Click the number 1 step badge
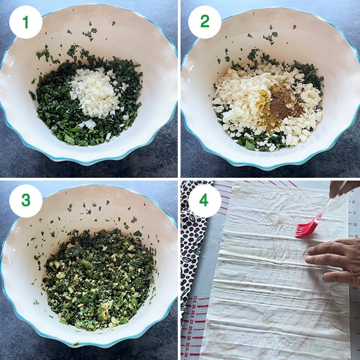pyautogui.click(x=25, y=22)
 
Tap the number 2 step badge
pyautogui.click(x=205, y=22)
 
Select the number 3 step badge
pyautogui.click(x=25, y=201)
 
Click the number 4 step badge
pyautogui.click(x=205, y=201)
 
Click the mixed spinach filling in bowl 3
pyautogui.click(x=98, y=278)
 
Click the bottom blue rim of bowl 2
pyautogui.click(x=270, y=164)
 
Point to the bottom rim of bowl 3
pyautogui.click(x=90, y=342)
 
